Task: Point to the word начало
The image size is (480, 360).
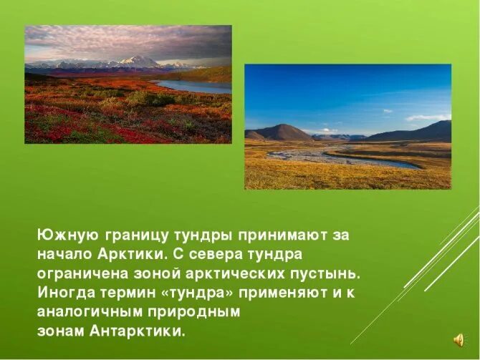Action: [x=62, y=254]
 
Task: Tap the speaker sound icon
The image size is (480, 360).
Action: [x=459, y=339]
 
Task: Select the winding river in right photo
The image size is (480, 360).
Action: [x=344, y=155]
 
